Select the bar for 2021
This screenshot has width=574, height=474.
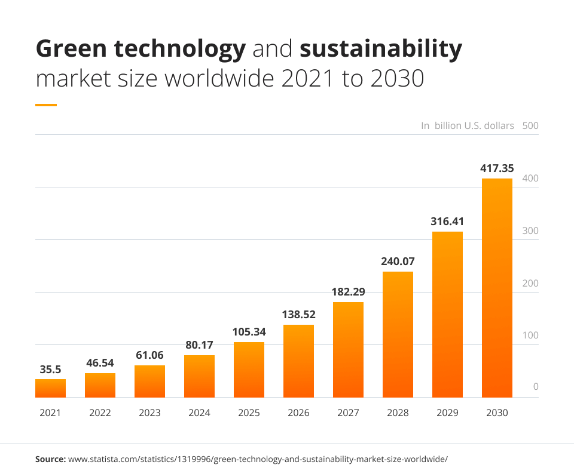[50, 388]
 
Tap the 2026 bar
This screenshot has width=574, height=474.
[298, 361]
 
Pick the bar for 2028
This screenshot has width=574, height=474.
[398, 334]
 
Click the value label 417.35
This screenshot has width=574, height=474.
[497, 168]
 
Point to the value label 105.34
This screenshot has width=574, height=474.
[249, 332]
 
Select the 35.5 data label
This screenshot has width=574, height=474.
[50, 369]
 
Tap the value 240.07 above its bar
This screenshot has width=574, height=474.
[398, 261]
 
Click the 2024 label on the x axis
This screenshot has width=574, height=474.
[199, 413]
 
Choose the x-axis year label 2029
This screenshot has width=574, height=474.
[447, 413]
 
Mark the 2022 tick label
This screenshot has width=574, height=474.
[100, 413]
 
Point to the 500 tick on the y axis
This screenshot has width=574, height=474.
[530, 125]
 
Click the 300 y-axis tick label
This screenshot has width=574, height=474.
[530, 231]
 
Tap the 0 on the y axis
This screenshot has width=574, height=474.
[536, 387]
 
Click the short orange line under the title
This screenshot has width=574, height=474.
[46, 105]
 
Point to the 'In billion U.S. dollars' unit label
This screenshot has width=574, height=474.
[467, 125]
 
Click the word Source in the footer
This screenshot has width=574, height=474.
[50, 459]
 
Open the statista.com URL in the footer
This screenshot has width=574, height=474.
[258, 459]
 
